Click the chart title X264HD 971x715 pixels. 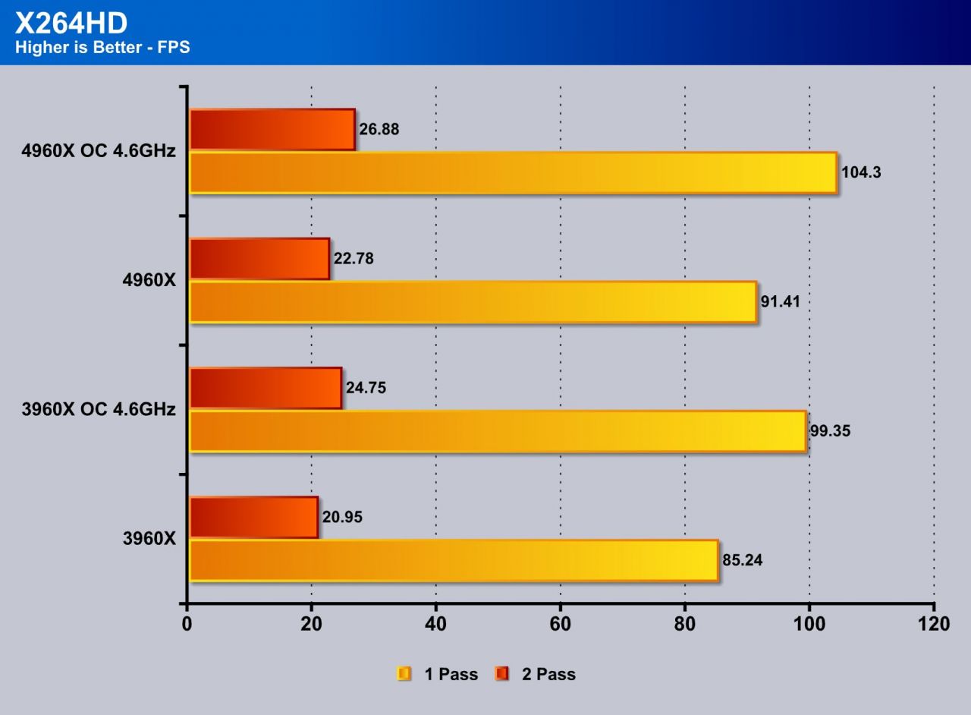click(71, 23)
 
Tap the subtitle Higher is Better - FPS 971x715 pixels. click(102, 48)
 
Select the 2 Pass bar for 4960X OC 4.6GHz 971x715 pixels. click(272, 129)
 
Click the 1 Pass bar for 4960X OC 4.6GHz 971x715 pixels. click(513, 172)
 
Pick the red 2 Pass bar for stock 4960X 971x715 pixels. click(259, 258)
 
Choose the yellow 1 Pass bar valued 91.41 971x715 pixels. click(473, 301)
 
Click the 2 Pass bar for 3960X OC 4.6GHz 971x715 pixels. click(265, 388)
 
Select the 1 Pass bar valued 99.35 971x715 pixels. click(497, 431)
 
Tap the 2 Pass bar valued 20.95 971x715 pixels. click(253, 517)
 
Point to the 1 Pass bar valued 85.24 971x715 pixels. click(453, 560)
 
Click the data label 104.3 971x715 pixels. click(861, 172)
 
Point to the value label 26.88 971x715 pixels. click(379, 130)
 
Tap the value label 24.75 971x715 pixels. click(366, 388)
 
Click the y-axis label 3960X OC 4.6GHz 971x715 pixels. click(99, 410)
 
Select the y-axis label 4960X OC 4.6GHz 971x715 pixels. click(99, 151)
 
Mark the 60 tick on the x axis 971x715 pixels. click(560, 624)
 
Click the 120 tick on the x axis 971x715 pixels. click(933, 624)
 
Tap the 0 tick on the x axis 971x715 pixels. click(187, 624)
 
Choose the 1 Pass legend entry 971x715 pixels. click(438, 674)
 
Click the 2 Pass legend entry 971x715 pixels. click(535, 674)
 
